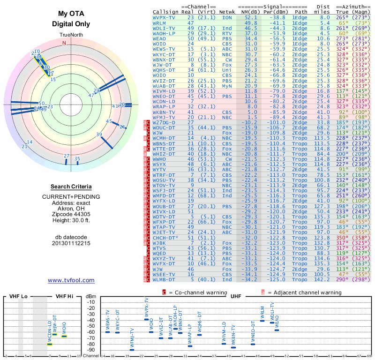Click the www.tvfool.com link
click(71, 280)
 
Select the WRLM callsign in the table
click(159, 22)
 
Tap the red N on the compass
click(64, 43)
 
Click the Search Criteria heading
click(71, 186)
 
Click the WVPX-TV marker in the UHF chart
click(146, 319)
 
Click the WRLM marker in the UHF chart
click(262, 321)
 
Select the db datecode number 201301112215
click(71, 243)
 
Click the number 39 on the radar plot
click(99, 135)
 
